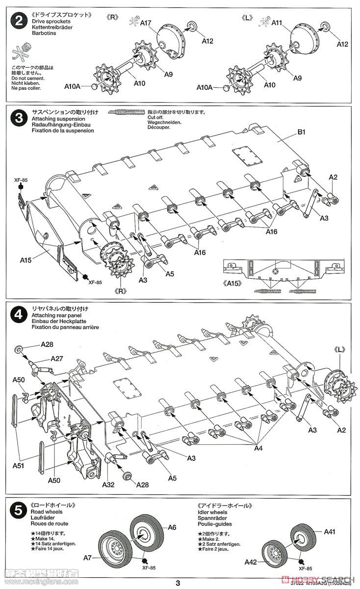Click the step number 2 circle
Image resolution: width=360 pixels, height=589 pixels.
[x=19, y=22]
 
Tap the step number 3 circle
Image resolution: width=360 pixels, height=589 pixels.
[x=19, y=119]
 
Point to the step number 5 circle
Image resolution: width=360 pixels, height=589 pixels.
[x=19, y=511]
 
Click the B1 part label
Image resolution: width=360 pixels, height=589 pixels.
[x=301, y=132]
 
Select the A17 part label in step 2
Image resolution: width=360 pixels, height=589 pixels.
[x=146, y=23]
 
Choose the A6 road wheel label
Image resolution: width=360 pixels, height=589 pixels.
[x=171, y=528]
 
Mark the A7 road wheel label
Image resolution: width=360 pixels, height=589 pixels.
[x=88, y=557]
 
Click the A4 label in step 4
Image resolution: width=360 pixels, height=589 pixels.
[x=258, y=448]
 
